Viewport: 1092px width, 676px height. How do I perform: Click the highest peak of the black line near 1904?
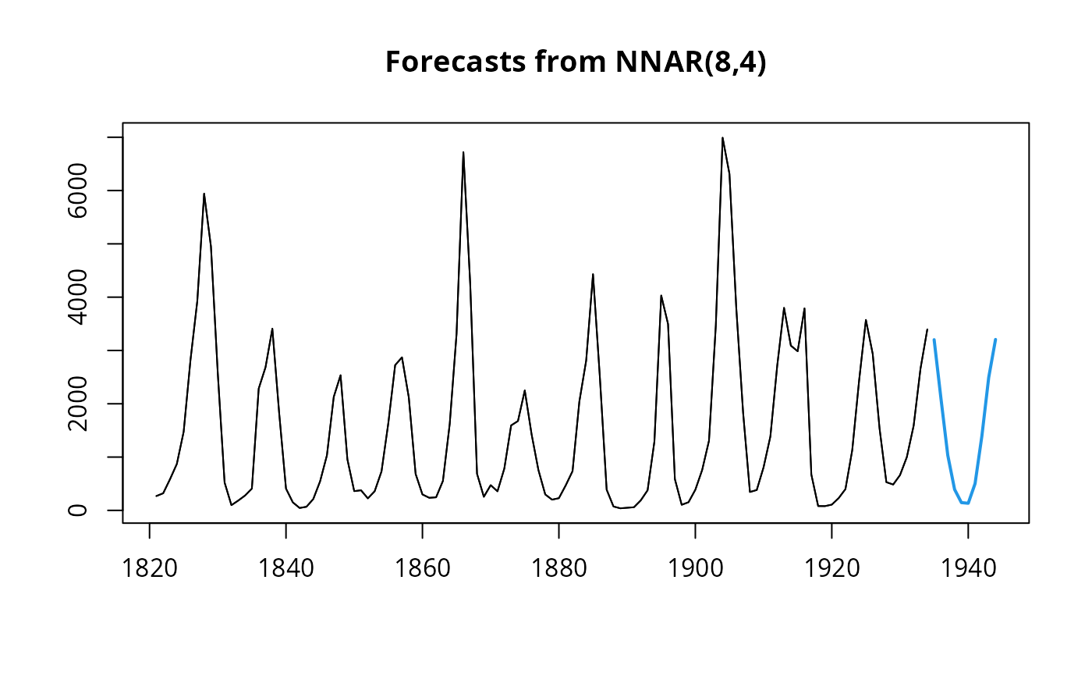[x=722, y=138]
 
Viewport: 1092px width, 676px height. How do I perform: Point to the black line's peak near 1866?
[x=463, y=152]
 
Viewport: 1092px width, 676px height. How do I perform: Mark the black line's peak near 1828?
[x=204, y=194]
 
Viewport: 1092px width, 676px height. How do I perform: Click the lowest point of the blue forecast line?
[x=968, y=503]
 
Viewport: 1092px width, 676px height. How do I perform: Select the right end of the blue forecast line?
[x=995, y=340]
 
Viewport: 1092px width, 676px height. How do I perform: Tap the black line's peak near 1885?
[x=593, y=274]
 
